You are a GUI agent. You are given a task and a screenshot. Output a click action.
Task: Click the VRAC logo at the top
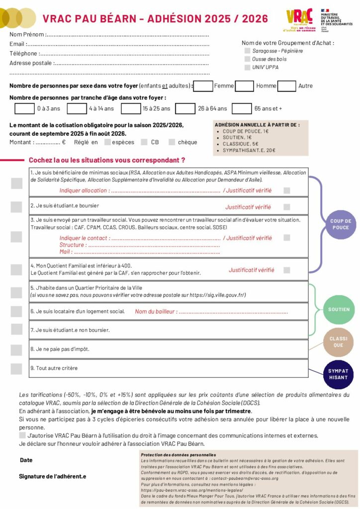(300, 20)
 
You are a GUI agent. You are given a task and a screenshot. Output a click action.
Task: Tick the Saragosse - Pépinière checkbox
(247, 51)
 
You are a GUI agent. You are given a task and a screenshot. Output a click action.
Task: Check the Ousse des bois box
(247, 59)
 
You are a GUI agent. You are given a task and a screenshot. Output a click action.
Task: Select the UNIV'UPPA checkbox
(247, 68)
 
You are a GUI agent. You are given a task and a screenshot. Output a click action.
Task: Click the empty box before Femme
(203, 86)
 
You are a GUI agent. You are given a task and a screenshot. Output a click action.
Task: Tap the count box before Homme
(245, 86)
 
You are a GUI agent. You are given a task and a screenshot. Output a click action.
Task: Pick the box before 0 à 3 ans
(24, 108)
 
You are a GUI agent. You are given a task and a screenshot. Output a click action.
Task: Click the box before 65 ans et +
(242, 108)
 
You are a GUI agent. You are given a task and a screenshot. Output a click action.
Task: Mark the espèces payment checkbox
(107, 142)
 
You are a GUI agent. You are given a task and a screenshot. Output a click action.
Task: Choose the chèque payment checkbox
(172, 142)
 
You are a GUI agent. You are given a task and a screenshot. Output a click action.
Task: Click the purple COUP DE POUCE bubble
(341, 224)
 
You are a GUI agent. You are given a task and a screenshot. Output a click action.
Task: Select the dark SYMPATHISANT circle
(338, 374)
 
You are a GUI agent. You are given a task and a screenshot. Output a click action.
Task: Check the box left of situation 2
(16, 207)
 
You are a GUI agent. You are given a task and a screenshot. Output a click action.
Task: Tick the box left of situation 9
(16, 369)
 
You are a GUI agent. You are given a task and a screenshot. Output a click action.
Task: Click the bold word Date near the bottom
(26, 460)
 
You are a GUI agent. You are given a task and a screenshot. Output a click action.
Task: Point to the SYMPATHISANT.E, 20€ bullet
(249, 150)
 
